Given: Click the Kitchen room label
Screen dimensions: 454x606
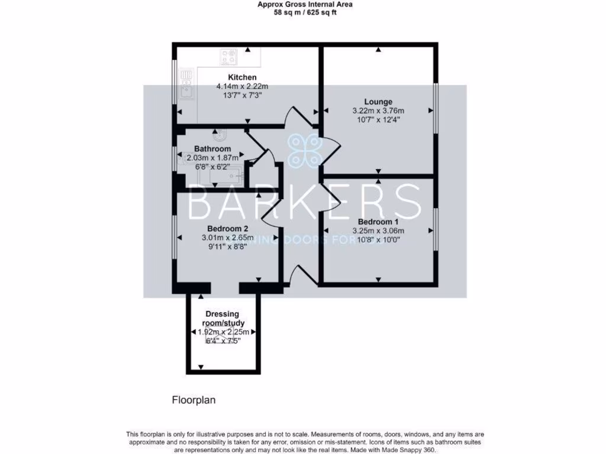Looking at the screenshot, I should tap(242, 77).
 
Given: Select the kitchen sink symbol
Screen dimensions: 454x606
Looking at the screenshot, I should tap(186, 91).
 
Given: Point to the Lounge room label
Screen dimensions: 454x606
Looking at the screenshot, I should tap(378, 102).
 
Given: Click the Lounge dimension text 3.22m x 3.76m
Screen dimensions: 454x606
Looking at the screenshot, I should tap(378, 111).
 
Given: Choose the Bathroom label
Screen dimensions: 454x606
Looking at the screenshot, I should tap(212, 149).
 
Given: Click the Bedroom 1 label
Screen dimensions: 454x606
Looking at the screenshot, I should tap(378, 222).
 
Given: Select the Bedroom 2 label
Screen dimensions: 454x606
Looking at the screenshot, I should tap(227, 229).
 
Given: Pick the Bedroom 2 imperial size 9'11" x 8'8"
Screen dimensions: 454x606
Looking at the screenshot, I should tap(227, 247).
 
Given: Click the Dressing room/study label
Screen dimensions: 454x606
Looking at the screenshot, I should tap(225, 319).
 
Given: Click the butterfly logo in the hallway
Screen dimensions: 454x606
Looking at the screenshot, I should tap(306, 150).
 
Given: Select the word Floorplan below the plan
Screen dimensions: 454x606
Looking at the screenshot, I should tap(194, 400).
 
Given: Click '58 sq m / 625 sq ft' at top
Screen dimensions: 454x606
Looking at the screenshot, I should tap(305, 12).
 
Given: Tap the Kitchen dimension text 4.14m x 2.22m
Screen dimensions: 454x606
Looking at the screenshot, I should tap(242, 86).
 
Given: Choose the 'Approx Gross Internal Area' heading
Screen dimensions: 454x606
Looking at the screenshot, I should tap(305, 4).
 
